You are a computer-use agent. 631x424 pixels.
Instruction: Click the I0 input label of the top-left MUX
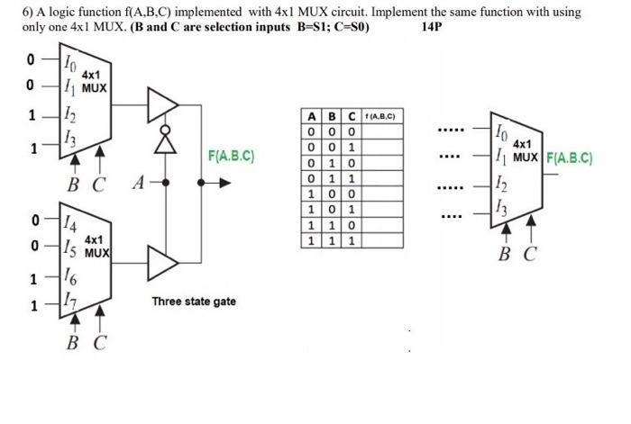click(69, 62)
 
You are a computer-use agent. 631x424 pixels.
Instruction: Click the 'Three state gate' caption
click(194, 301)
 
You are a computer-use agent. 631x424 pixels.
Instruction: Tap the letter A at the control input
click(138, 184)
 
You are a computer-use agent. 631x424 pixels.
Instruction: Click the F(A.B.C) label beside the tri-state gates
click(231, 156)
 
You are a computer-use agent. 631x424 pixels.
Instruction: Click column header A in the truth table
click(310, 117)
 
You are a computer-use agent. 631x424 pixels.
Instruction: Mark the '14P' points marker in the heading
click(433, 25)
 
